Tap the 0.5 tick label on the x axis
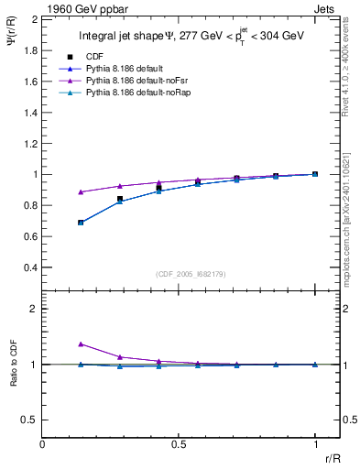(179, 443)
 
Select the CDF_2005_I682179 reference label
(180, 273)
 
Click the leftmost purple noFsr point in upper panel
(82, 192)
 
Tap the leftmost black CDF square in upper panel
(82, 223)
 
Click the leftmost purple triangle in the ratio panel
(82, 344)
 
